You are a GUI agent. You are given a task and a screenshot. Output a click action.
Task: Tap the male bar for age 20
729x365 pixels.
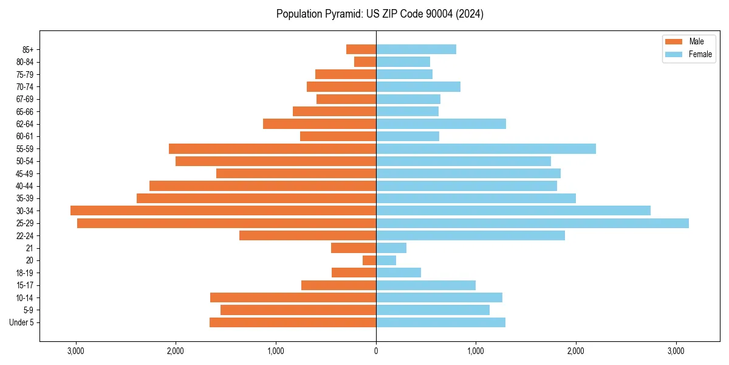point(369,260)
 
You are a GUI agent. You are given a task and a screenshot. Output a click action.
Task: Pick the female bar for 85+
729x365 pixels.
point(416,49)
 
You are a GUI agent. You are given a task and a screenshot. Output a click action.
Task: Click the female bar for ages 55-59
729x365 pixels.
point(486,149)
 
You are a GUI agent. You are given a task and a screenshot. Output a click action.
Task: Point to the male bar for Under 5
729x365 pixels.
point(293,322)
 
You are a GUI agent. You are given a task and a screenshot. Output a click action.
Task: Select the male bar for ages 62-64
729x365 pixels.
point(320,124)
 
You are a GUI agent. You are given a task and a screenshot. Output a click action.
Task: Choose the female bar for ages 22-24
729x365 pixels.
point(470,235)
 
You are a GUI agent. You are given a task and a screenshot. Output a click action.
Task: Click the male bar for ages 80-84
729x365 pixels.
point(365,62)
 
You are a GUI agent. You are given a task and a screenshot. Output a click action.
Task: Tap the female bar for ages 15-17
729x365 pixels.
point(426,285)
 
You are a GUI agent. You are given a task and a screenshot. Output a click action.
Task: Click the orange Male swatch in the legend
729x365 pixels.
point(674,41)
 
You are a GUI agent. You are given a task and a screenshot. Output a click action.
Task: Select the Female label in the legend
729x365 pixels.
point(700,54)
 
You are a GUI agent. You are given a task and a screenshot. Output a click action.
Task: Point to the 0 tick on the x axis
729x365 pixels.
point(376,351)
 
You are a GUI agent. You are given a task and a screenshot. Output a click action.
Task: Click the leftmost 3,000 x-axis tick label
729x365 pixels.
point(76,351)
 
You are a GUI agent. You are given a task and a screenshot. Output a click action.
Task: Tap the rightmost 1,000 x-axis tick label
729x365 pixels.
point(476,351)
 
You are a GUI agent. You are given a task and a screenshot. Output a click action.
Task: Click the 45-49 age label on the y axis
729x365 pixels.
point(25,174)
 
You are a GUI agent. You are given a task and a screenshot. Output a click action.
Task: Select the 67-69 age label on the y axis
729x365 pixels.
point(25,99)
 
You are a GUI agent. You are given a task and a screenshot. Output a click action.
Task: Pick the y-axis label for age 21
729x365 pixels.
point(30,248)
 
